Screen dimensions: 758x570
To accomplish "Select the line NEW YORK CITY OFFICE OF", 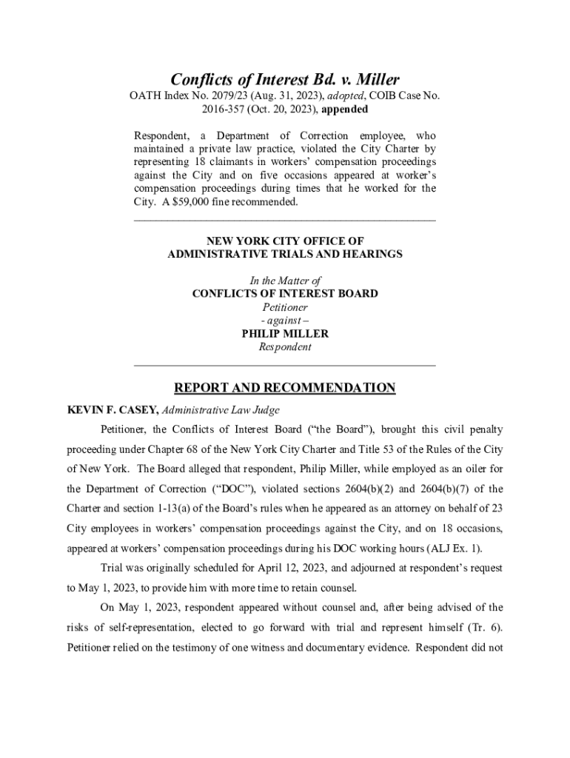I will coord(285,241).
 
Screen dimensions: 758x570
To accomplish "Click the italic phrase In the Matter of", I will coord(285,281).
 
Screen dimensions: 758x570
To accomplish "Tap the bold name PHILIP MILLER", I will coord(285,334).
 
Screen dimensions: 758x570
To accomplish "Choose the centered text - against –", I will coord(285,321).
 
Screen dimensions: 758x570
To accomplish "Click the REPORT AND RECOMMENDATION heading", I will coord(285,388).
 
